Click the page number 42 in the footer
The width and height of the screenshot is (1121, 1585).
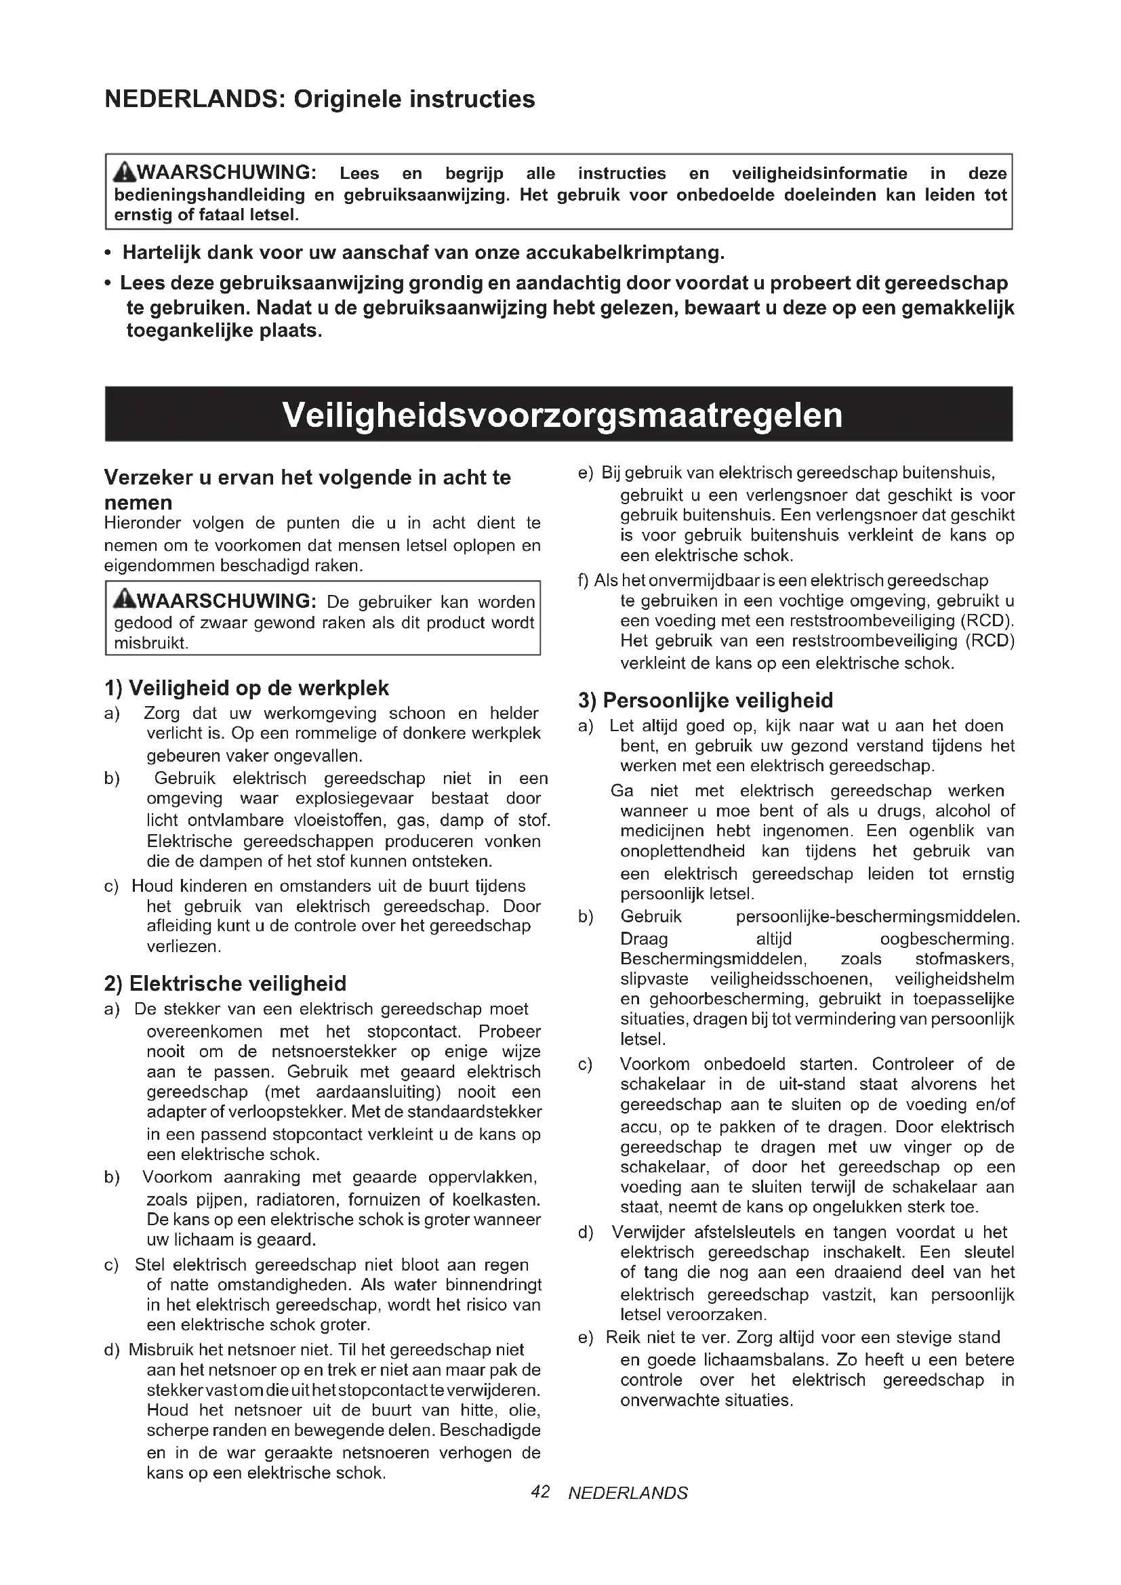point(540,1491)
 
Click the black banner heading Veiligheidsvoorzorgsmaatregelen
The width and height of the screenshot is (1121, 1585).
point(562,415)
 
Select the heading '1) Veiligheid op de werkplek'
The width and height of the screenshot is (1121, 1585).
point(247,688)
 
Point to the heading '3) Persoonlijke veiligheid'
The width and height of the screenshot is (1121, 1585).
point(706,701)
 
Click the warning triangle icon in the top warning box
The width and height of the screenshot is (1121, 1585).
point(125,172)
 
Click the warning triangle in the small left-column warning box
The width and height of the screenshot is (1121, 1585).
point(125,600)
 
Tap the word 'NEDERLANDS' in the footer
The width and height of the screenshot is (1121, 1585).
point(628,1494)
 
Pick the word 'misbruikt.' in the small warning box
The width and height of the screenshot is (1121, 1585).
point(151,643)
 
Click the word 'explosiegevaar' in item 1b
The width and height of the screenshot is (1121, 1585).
point(354,799)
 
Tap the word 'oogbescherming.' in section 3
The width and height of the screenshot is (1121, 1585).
point(947,939)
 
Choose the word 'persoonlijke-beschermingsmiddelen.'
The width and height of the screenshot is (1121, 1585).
point(877,917)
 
